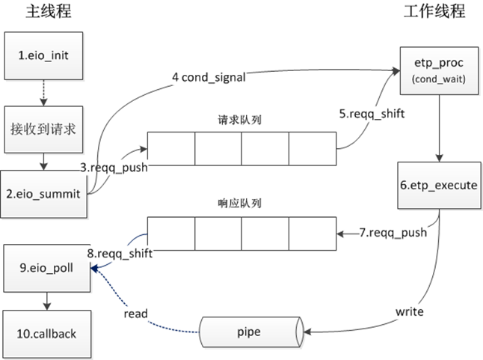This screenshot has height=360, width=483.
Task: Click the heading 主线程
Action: [43, 13]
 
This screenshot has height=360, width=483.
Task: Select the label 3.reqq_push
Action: [114, 168]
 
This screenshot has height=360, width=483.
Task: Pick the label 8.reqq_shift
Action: [120, 254]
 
